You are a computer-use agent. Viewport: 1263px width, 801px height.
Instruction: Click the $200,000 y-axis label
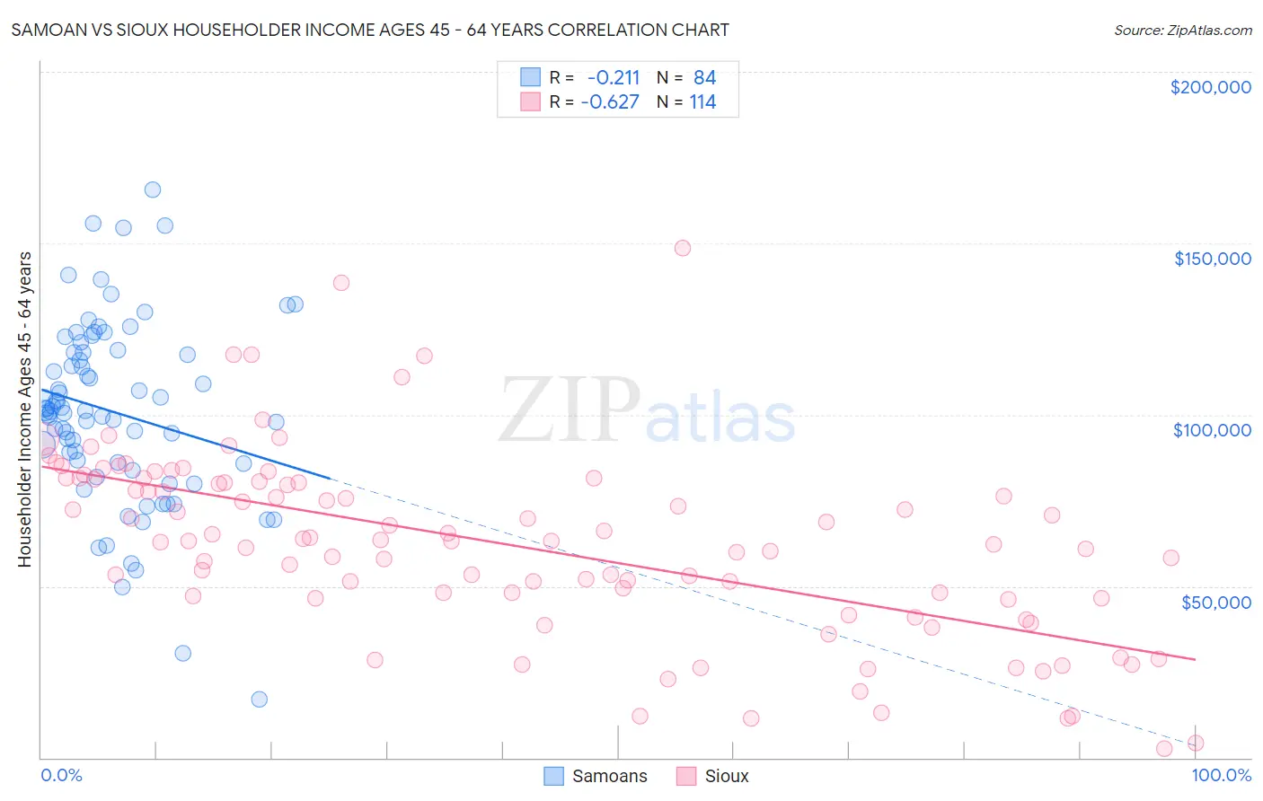click(1210, 87)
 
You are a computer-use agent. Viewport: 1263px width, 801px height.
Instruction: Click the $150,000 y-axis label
click(1212, 259)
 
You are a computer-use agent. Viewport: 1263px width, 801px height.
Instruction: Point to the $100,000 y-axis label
click(1212, 430)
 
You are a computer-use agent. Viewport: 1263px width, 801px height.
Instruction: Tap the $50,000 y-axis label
click(1215, 602)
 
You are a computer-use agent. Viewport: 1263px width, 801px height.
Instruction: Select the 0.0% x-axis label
click(61, 775)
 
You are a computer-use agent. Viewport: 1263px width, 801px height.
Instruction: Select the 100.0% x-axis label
click(1221, 775)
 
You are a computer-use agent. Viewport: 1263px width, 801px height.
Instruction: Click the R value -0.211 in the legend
click(613, 77)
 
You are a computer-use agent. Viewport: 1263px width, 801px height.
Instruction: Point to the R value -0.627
click(610, 101)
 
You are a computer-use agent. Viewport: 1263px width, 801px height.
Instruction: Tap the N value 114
click(702, 101)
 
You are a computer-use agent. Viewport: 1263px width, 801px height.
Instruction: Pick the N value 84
click(704, 77)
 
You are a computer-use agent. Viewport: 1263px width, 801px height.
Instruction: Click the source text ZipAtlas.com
click(1183, 30)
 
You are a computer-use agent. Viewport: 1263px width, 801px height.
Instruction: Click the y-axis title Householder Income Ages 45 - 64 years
click(25, 409)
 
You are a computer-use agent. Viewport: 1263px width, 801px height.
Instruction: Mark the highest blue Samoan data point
click(153, 189)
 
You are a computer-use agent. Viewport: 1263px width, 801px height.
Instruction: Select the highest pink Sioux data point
click(683, 248)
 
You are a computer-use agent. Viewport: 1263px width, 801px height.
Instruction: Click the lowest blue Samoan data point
click(260, 700)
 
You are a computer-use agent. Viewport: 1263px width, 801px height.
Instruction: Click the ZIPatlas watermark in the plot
click(647, 411)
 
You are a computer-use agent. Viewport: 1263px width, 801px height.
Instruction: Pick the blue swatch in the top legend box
click(531, 77)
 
